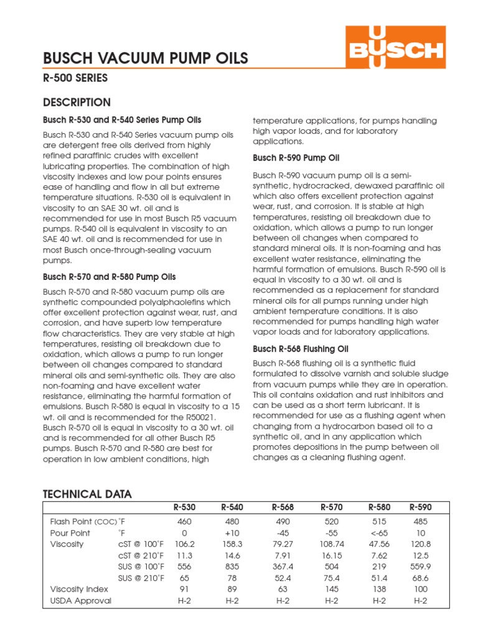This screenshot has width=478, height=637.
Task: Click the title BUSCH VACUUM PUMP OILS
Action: point(146,58)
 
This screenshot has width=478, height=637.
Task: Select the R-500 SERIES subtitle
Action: point(75,79)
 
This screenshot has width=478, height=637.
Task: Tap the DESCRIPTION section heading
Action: point(77,103)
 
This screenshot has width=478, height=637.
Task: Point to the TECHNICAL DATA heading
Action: point(87,495)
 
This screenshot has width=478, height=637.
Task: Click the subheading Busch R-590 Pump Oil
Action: point(296,158)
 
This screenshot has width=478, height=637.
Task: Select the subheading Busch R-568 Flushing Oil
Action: point(300,348)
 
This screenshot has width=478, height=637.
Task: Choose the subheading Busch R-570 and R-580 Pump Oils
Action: point(109,277)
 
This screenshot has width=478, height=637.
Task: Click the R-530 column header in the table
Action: point(185,508)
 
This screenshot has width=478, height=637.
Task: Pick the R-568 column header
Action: point(283,508)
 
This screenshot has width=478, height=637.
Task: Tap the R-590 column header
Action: point(420,508)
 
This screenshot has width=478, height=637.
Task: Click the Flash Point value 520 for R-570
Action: point(332,522)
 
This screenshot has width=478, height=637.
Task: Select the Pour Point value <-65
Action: point(379,533)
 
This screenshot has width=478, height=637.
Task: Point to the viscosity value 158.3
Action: point(232,544)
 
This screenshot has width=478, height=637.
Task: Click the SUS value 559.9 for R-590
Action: point(420,567)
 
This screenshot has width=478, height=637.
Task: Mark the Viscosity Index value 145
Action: point(332,589)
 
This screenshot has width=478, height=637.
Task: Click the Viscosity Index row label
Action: point(79,589)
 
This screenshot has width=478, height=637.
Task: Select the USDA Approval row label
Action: point(81,601)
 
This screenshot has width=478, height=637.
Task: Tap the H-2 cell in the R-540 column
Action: point(232,601)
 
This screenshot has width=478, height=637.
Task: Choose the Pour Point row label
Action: point(70,533)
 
